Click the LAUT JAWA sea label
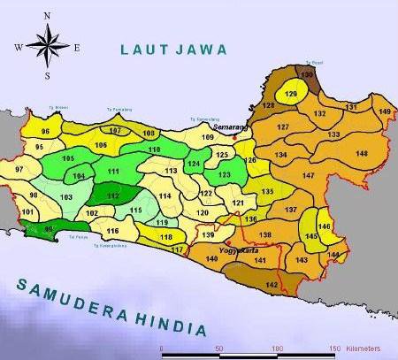pos(174,50)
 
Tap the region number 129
pos(291,94)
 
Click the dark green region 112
pos(112,195)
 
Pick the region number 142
pos(272,284)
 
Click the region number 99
pos(50,229)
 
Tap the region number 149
pos(384,111)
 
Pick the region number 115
pos(135,210)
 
